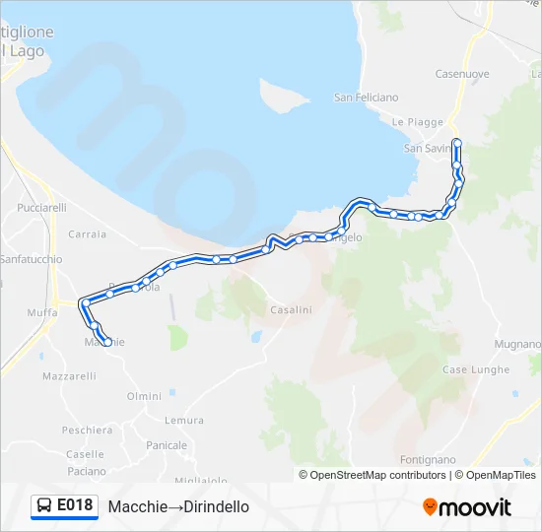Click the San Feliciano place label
(366, 98)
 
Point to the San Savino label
(426, 149)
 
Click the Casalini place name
(291, 309)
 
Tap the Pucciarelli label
(42, 208)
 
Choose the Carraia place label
(88, 234)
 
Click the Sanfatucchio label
(31, 259)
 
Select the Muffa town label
(42, 312)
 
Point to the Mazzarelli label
(68, 376)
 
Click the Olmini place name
(144, 396)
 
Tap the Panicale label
(167, 445)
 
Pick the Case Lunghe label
(476, 369)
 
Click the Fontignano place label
(428, 460)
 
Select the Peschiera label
(87, 431)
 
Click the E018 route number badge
(75, 506)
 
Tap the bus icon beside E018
(44, 506)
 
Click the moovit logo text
(476, 507)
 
